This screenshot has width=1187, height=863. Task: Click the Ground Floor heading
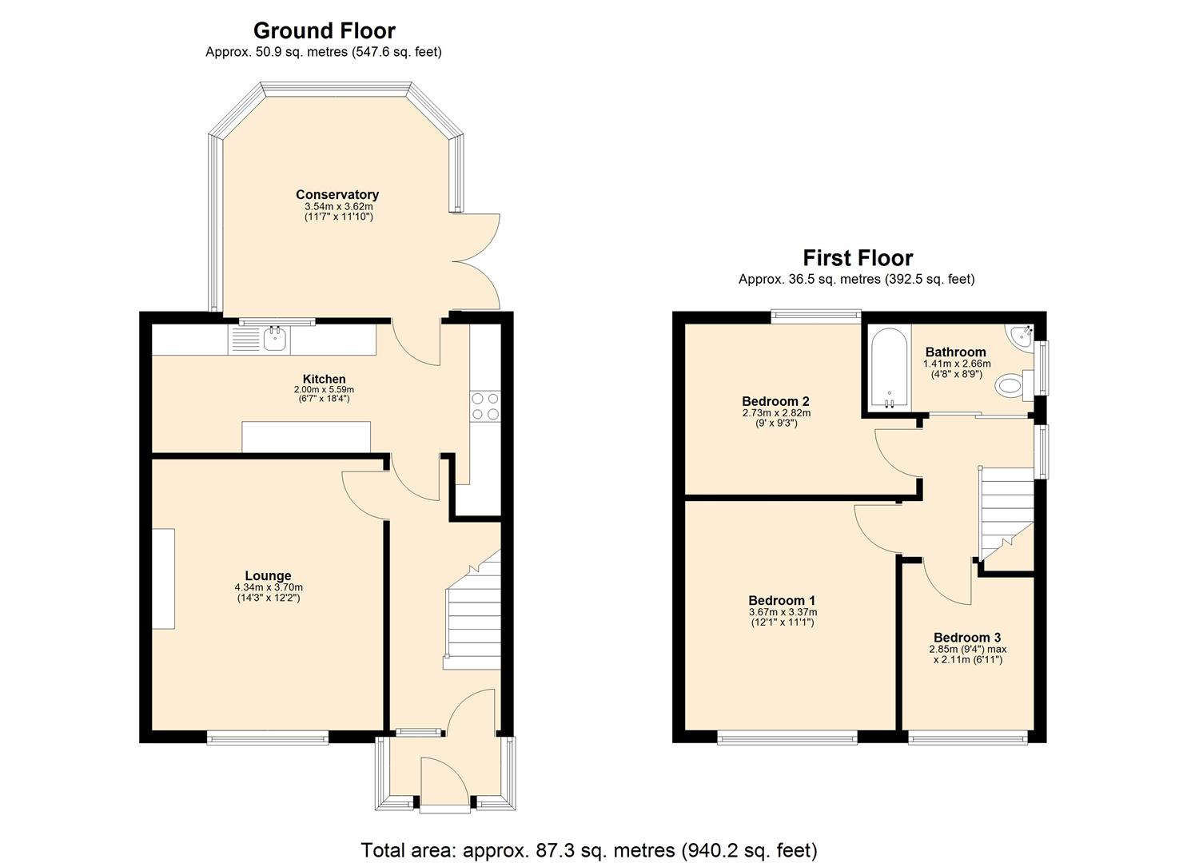tap(324, 30)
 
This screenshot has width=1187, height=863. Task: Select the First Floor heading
tap(857, 258)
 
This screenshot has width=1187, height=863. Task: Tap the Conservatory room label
tap(337, 194)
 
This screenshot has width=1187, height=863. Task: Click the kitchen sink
tap(274, 339)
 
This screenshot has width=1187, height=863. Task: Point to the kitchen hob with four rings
tap(484, 405)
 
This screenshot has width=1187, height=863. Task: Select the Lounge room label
tap(268, 575)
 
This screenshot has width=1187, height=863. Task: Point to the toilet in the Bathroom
tap(1013, 387)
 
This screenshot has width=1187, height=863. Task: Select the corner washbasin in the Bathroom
tap(1021, 336)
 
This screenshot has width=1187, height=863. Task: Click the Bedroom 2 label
tap(775, 401)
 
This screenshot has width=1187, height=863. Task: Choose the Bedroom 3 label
tap(967, 637)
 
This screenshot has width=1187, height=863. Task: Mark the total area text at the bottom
tap(589, 849)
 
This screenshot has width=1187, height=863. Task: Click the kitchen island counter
tap(306, 436)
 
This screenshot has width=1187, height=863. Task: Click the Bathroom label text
tap(955, 352)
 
